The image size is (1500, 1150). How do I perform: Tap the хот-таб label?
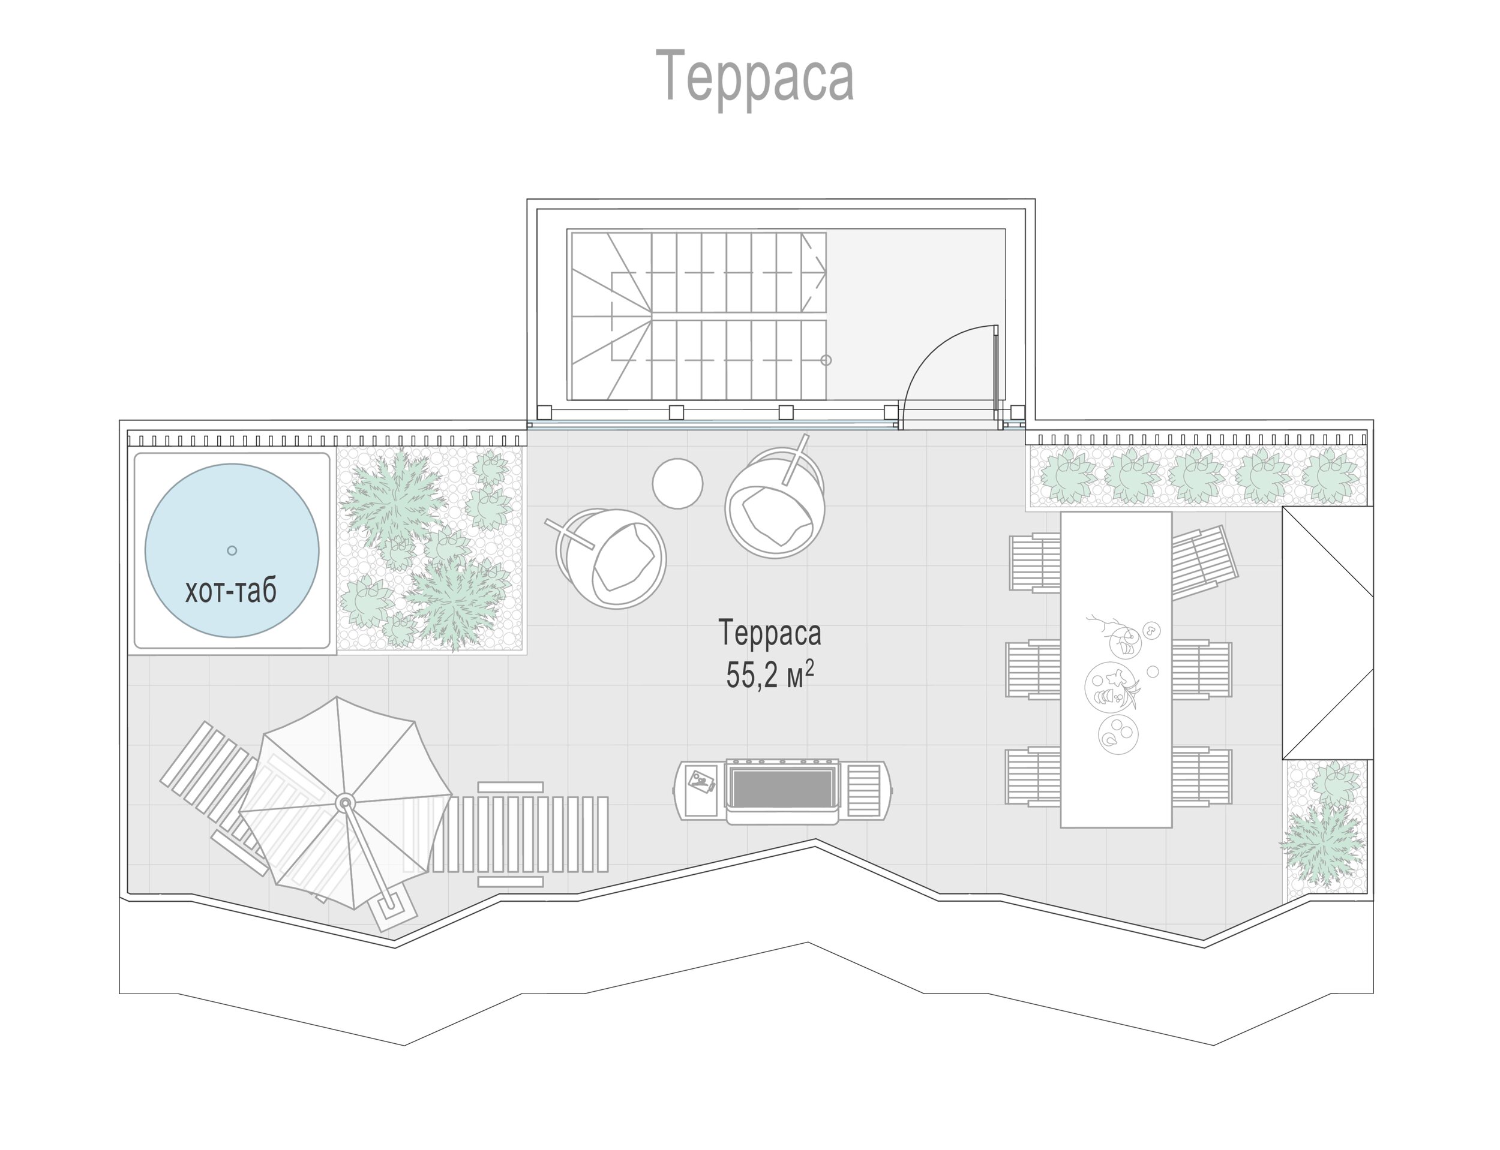[231, 590]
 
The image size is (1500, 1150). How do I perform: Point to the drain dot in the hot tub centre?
[232, 550]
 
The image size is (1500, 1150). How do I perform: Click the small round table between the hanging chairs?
[677, 483]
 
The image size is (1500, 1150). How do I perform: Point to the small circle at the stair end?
[826, 360]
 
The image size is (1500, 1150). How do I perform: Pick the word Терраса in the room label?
[770, 633]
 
